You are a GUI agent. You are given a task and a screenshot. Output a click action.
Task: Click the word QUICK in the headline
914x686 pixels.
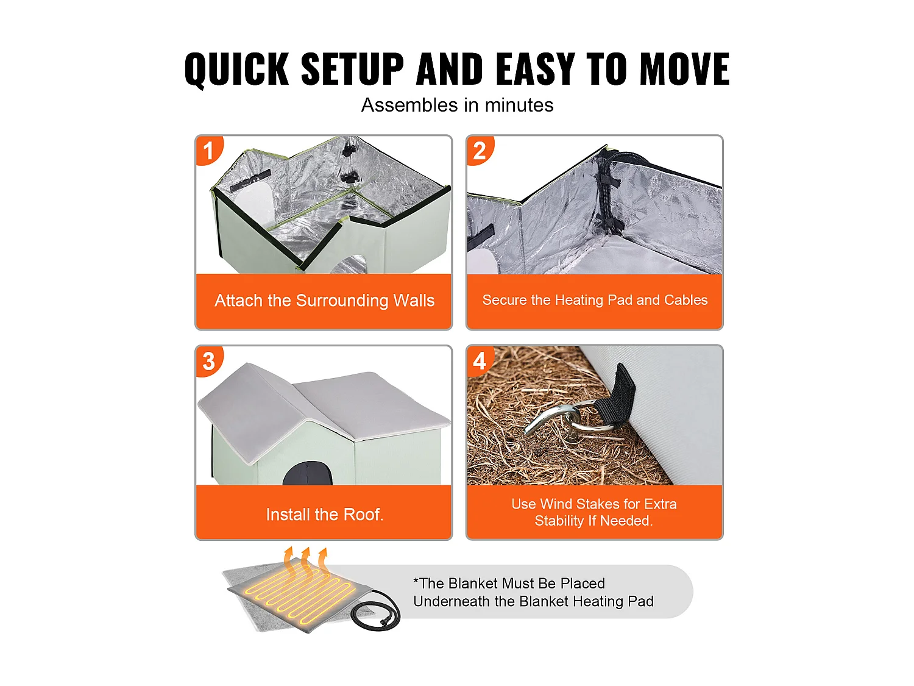(x=236, y=69)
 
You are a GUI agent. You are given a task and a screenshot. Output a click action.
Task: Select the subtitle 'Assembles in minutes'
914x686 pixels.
(x=457, y=105)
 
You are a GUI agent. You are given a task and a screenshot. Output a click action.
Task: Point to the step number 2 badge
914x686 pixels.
(x=480, y=150)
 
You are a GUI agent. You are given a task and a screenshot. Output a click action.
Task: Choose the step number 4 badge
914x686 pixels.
(x=480, y=361)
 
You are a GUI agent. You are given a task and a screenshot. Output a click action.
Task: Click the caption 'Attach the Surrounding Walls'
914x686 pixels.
(x=324, y=300)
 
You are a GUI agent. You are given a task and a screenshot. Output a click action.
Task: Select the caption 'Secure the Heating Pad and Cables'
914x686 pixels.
(x=595, y=300)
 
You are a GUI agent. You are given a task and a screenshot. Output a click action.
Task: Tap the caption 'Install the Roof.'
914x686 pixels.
(x=324, y=515)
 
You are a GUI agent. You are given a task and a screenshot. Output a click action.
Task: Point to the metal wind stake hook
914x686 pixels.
(x=558, y=421)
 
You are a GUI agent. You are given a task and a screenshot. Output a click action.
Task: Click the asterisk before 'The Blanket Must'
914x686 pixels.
(x=416, y=580)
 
